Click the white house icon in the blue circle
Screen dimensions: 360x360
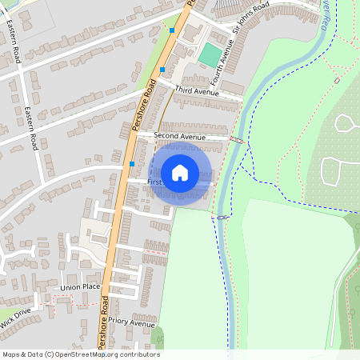pos(180,173)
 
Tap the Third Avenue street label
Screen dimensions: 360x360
pos(196,91)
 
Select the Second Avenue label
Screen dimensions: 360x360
pos(179,137)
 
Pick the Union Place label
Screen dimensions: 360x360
pos(80,286)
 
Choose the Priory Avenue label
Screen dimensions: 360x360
pos(132,324)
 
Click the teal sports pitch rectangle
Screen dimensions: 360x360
pos(210,55)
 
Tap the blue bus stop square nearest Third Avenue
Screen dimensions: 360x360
pos(162,70)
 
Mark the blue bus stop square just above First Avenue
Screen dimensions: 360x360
pos(132,163)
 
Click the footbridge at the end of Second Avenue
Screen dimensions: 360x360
pos(237,140)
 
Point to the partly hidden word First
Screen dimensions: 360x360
pos(154,182)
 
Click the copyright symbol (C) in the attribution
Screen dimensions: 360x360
pos(50,354)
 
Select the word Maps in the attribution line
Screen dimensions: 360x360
pos(11,354)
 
